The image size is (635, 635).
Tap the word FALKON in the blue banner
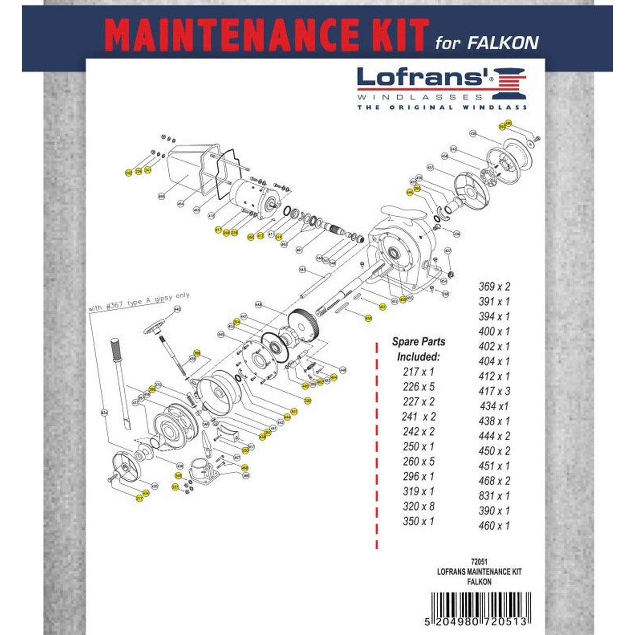503,43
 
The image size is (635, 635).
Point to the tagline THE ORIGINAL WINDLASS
442,107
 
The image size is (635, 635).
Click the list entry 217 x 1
418,372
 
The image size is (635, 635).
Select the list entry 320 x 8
418,506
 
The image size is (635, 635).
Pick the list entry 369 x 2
494,287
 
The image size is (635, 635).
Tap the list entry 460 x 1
494,526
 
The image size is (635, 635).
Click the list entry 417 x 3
494,391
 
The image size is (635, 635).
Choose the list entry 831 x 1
494,496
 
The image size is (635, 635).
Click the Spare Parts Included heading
418,349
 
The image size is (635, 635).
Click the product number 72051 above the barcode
479,563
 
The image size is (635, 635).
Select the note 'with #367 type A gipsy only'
139,302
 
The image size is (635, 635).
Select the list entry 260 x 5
418,461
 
